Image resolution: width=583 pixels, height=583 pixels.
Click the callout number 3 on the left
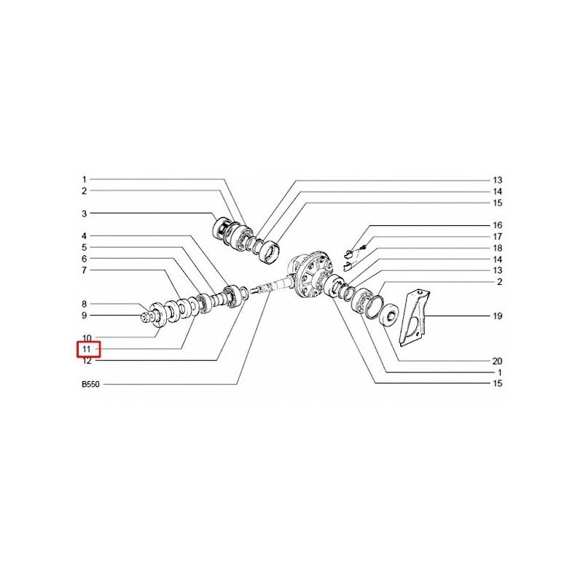(85, 214)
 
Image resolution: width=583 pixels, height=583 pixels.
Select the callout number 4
(85, 236)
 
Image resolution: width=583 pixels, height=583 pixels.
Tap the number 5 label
(85, 248)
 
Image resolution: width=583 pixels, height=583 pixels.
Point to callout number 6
(85, 259)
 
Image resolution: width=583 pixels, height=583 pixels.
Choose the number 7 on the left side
(85, 270)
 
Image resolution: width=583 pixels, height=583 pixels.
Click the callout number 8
(85, 304)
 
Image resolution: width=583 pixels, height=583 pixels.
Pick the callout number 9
(85, 316)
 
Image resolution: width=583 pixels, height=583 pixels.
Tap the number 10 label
(87, 338)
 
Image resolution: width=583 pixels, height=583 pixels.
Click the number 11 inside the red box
(87, 350)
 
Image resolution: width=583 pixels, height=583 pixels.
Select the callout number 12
(87, 361)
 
